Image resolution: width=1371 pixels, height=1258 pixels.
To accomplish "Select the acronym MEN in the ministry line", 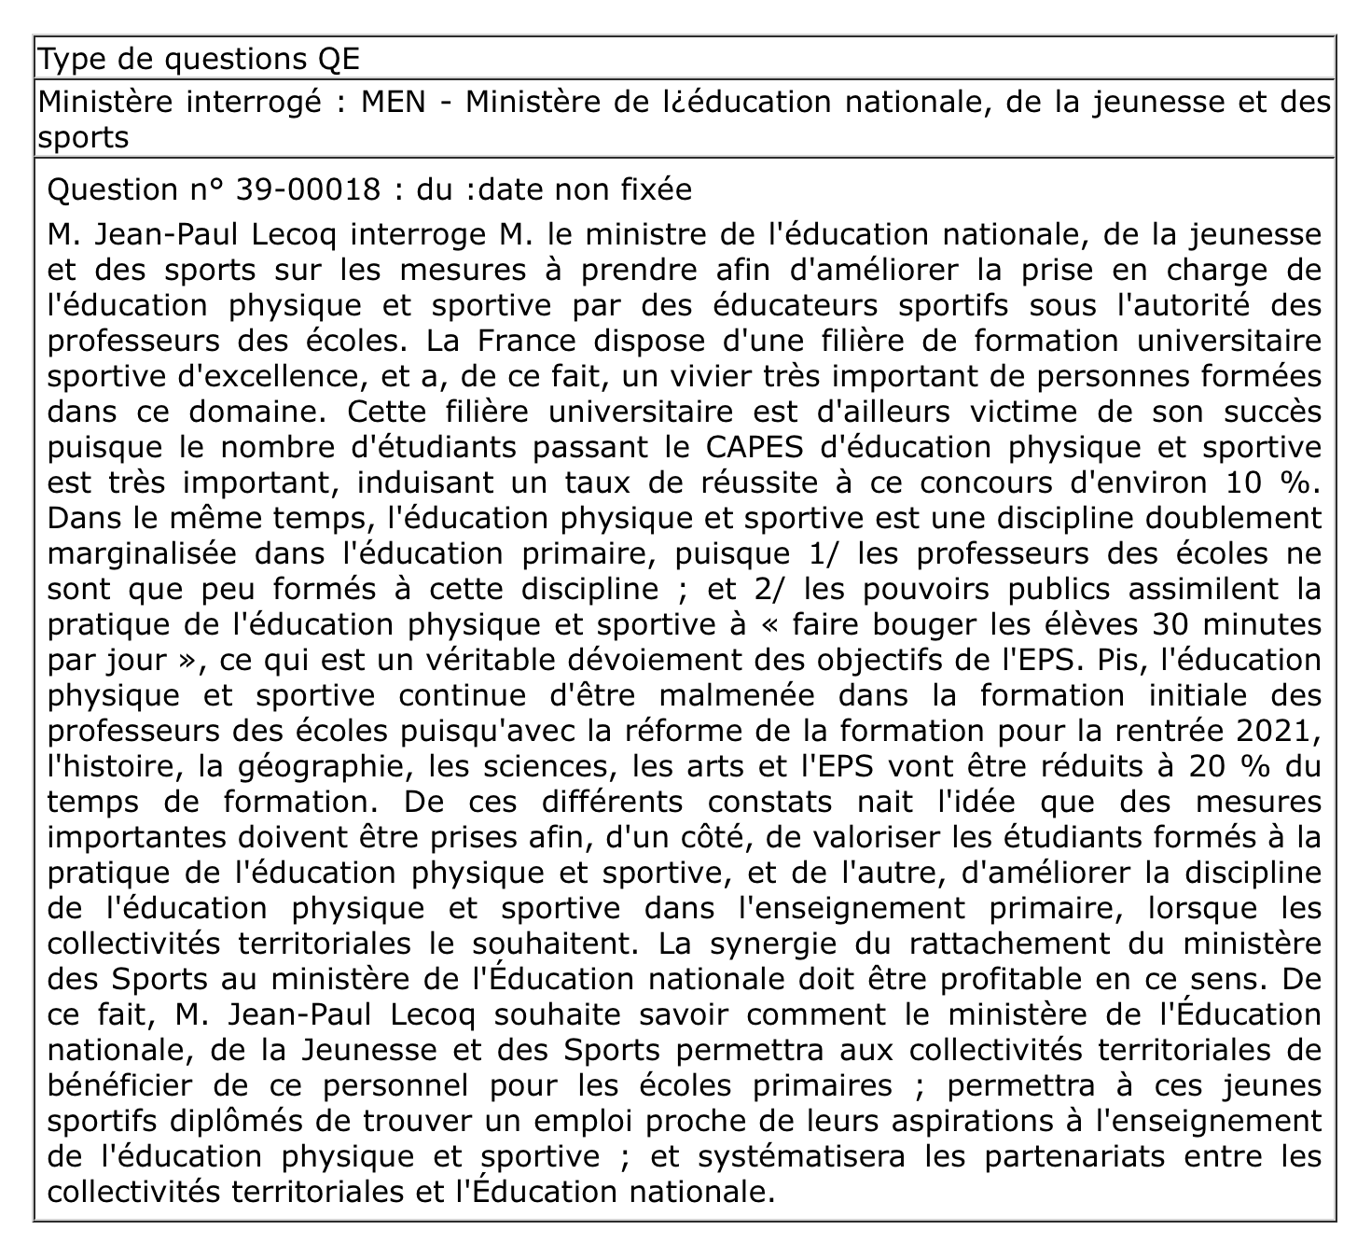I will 393,102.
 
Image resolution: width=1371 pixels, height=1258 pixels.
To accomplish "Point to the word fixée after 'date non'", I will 657,189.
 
